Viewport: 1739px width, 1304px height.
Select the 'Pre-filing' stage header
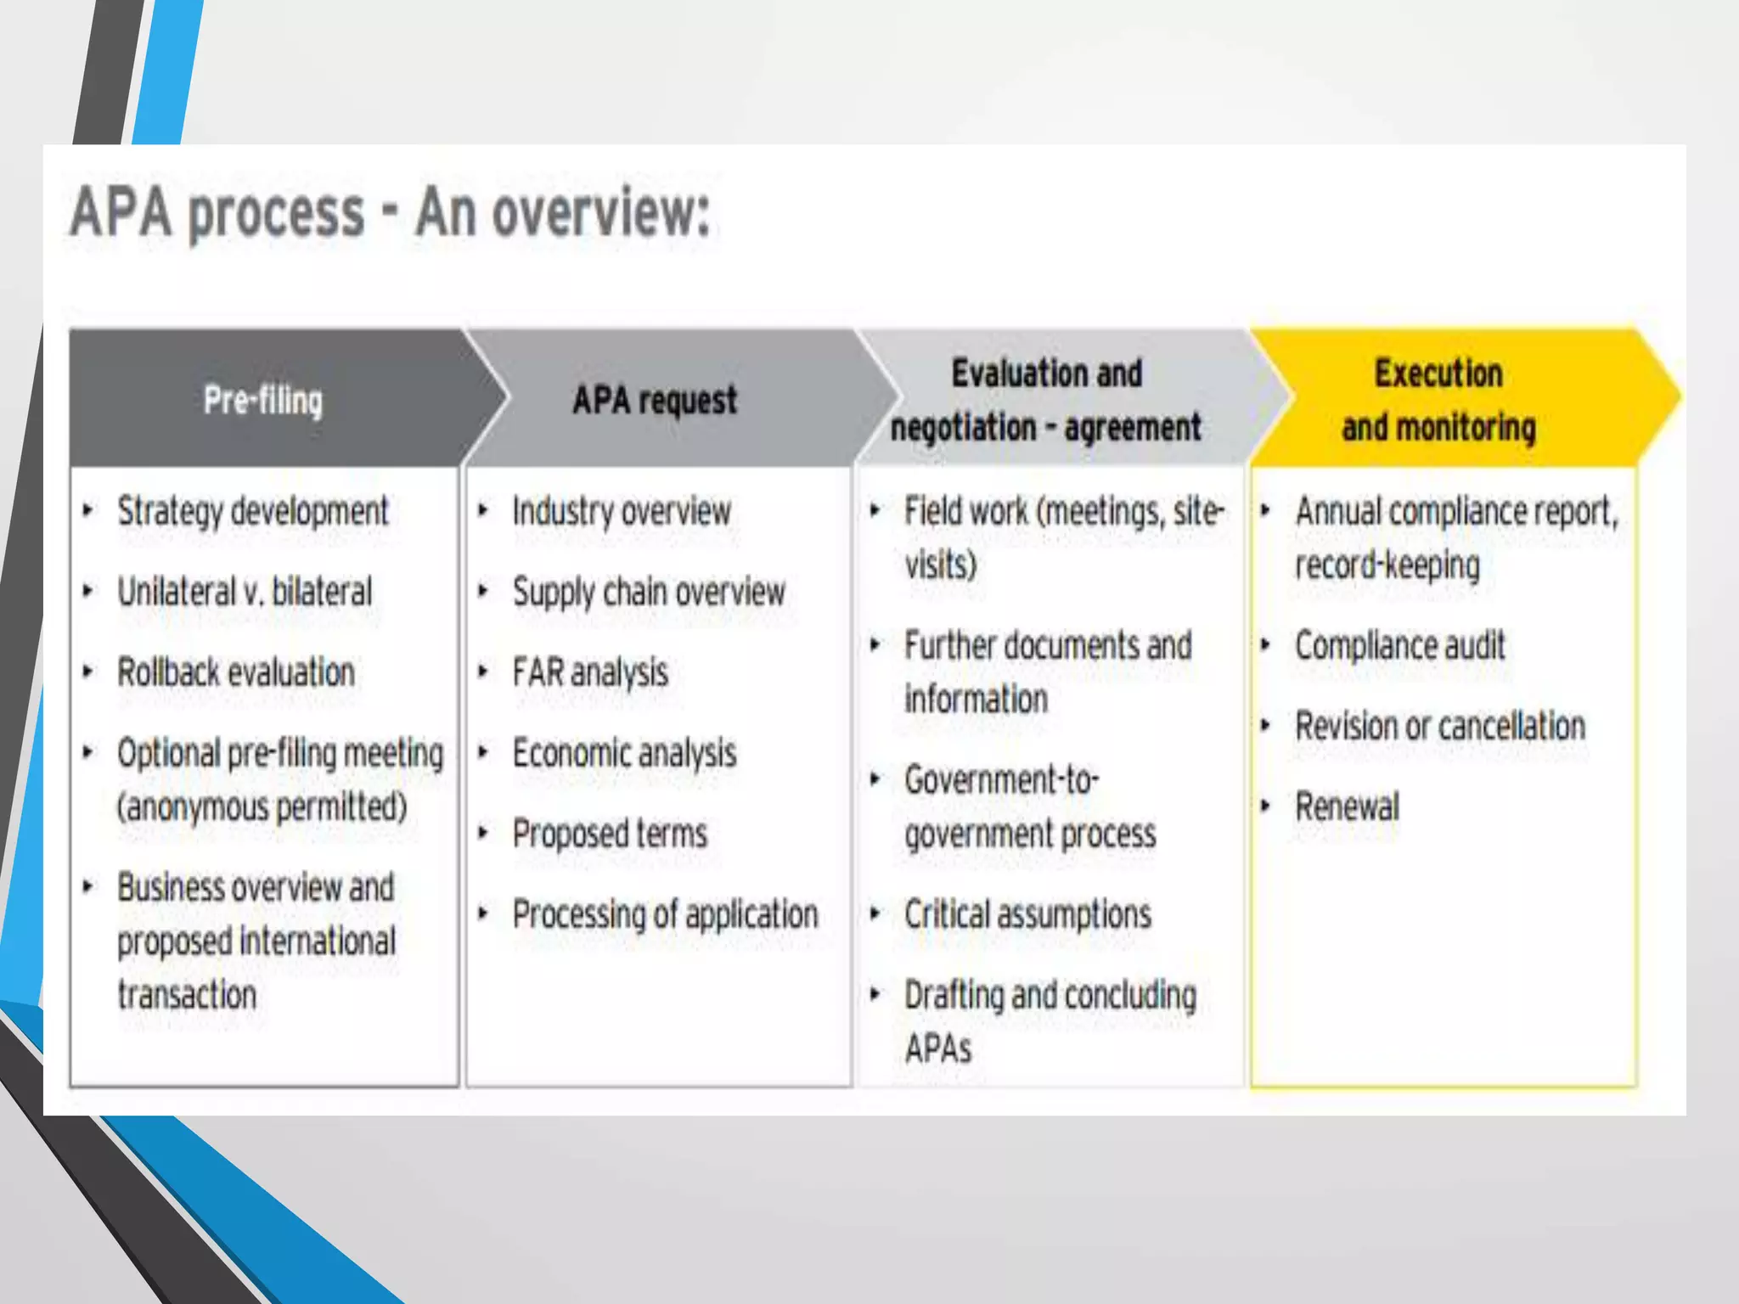pos(263,400)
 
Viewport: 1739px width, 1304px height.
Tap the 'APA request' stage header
pos(655,400)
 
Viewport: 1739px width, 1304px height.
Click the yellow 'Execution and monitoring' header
pos(1438,400)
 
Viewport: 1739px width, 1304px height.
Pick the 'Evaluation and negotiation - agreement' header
pos(1046,400)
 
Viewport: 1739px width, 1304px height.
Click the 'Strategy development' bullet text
pos(252,511)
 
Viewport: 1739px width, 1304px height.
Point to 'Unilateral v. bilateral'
pos(245,592)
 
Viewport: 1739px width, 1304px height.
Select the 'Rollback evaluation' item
pos(236,672)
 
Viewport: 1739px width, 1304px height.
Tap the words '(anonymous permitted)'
pos(262,807)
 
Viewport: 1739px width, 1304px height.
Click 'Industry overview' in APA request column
pos(622,511)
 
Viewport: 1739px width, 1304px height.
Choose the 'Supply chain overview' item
pos(649,592)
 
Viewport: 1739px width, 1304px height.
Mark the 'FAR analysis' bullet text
pos(590,672)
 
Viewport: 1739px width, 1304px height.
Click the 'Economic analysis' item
pos(624,753)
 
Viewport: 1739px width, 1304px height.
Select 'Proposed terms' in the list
pos(610,834)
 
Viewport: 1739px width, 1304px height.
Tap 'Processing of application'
pos(665,914)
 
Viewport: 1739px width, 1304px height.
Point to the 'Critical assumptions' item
pos(1027,914)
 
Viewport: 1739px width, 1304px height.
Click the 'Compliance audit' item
pos(1399,645)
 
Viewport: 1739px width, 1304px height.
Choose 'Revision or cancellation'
pos(1440,726)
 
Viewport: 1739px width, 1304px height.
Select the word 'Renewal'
pos(1347,807)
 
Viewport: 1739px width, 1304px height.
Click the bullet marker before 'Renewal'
pos(1265,806)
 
